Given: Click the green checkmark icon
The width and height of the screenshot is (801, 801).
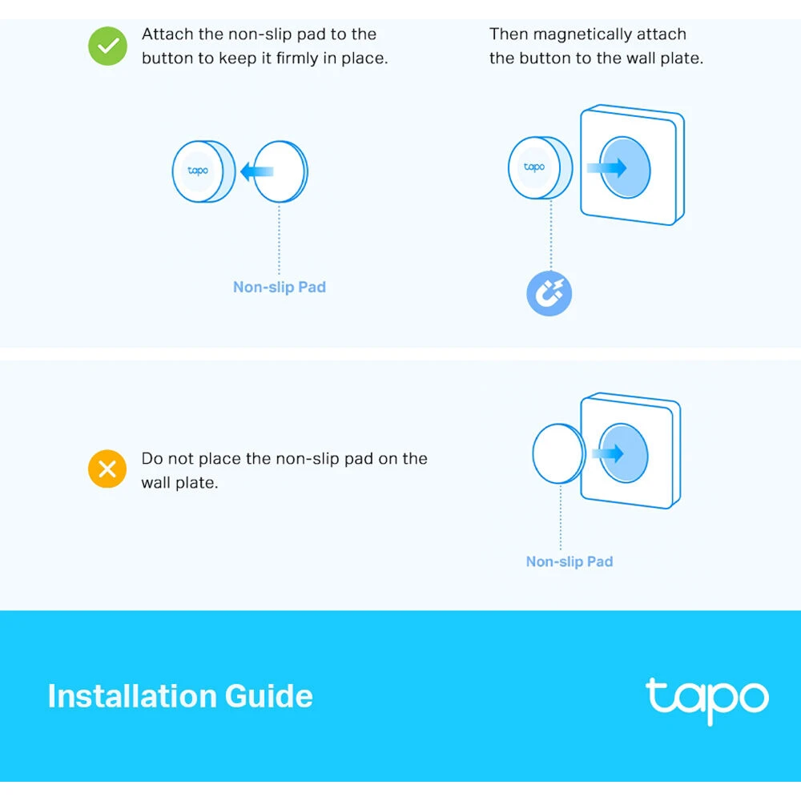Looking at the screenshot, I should click(x=107, y=46).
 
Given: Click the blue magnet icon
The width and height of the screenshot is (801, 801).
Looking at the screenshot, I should click(x=549, y=294).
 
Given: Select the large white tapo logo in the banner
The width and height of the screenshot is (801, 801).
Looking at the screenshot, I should click(x=706, y=699).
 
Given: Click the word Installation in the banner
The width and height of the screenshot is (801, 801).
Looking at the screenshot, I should click(x=132, y=696).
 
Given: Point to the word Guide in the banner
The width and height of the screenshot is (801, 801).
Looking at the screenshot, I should click(x=268, y=696).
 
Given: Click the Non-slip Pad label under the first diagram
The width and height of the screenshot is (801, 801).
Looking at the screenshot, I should click(x=279, y=287).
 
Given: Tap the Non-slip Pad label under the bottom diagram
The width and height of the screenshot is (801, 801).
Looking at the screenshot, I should click(x=569, y=562).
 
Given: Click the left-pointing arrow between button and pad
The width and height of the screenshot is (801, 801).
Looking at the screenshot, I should click(x=256, y=171).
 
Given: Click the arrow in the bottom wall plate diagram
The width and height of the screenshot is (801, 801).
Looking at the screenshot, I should click(x=612, y=453).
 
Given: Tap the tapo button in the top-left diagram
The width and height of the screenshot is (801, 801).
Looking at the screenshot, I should click(x=199, y=171).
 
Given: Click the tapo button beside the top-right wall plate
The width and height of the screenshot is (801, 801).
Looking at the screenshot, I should click(x=535, y=167).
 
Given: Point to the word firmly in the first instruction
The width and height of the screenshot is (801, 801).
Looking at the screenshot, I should click(x=300, y=58).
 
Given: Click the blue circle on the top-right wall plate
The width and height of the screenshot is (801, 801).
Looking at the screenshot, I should click(x=626, y=167).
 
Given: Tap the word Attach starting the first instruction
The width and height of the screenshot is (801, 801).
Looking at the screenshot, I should click(x=167, y=34).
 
